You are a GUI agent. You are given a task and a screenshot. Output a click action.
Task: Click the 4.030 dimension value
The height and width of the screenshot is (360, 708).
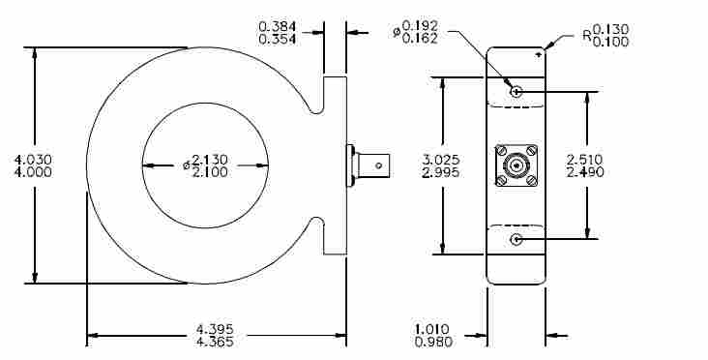coord(33,160)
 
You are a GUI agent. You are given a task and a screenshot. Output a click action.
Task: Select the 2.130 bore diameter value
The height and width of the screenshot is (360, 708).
coord(210,160)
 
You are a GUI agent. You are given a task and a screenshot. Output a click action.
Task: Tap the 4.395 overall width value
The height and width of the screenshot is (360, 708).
coord(215,329)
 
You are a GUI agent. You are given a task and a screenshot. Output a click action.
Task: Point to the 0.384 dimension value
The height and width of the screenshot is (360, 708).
coord(278,27)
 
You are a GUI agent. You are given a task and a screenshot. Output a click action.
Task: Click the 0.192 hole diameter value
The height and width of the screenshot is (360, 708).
coord(420,26)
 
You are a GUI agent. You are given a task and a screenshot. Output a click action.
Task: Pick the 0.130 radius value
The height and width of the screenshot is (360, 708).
coord(610,29)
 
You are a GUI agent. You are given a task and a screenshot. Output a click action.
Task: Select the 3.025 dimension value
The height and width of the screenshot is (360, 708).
coord(441,160)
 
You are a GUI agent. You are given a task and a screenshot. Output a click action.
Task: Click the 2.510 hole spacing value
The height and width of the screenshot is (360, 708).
coord(585,160)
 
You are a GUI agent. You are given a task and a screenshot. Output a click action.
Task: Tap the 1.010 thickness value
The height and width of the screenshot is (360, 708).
coord(433,329)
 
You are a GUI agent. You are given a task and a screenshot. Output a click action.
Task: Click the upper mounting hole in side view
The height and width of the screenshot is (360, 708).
coord(516,92)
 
